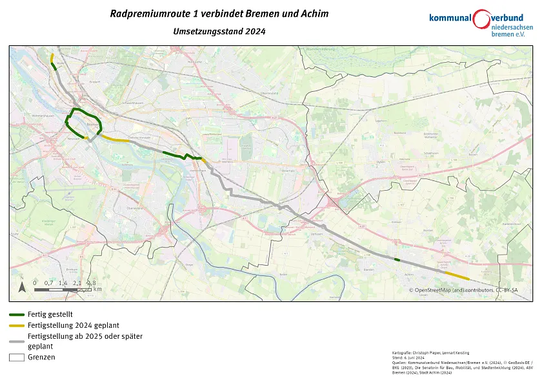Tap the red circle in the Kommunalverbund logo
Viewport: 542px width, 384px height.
(x=481, y=19)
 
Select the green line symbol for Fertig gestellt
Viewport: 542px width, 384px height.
(x=17, y=314)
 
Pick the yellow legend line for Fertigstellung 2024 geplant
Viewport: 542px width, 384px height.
(x=17, y=325)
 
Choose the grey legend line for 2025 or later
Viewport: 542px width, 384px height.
(x=17, y=337)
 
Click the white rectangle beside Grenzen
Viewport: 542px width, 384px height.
(x=17, y=357)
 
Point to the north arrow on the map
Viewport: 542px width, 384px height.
(x=23, y=285)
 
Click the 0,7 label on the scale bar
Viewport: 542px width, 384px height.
(x=48, y=283)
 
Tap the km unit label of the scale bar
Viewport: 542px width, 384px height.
(x=97, y=289)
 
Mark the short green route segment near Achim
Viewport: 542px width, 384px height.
(x=397, y=260)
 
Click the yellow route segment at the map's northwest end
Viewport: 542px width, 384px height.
(x=52, y=59)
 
